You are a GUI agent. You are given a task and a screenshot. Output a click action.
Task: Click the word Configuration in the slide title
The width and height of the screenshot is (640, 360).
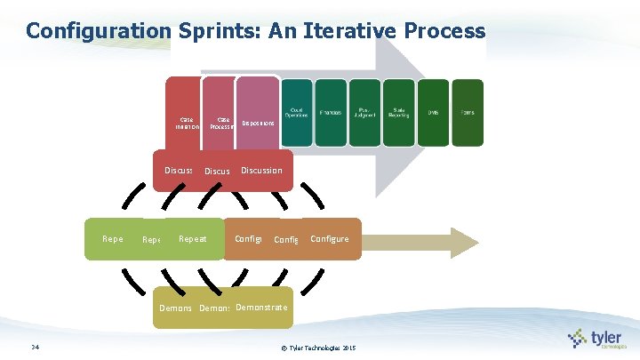(97, 31)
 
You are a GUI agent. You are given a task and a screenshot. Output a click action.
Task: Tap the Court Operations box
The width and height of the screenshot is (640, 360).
(297, 112)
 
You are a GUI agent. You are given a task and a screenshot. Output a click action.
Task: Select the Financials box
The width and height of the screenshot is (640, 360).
(331, 112)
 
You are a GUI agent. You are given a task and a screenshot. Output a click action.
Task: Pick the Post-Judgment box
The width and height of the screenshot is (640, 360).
(364, 112)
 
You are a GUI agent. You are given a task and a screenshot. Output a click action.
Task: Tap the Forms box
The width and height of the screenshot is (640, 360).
(468, 112)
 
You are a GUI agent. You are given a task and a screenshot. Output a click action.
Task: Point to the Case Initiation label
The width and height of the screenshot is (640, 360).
(187, 123)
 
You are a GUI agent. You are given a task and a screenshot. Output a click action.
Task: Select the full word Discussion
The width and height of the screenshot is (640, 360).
(261, 171)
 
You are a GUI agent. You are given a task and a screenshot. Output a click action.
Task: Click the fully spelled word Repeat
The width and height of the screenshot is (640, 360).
(193, 239)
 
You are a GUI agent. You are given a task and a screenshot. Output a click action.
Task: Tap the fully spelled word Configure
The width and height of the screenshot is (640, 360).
(330, 239)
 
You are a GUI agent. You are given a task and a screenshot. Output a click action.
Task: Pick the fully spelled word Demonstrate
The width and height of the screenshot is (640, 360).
(261, 308)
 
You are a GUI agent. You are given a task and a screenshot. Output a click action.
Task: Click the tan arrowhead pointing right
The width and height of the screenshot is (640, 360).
(465, 243)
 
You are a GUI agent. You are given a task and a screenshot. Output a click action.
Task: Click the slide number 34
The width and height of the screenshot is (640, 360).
(33, 346)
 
